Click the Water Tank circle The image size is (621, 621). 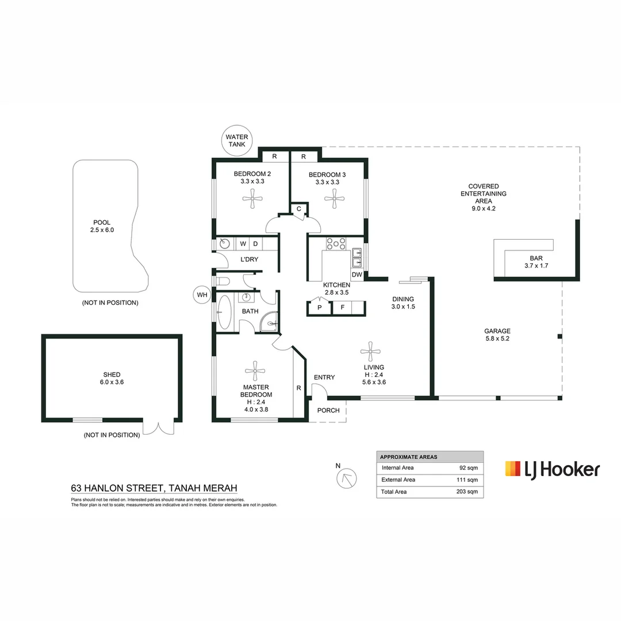click(x=236, y=141)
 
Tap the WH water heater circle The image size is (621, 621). click(x=202, y=295)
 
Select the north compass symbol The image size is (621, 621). click(x=347, y=478)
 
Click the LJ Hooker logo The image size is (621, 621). click(x=551, y=469)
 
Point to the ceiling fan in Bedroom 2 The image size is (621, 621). click(x=252, y=200)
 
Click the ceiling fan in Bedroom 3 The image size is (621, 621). click(x=333, y=200)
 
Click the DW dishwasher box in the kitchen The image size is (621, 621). click(x=356, y=275)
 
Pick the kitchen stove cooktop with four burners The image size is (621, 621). click(x=336, y=243)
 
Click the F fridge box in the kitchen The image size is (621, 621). click(x=342, y=308)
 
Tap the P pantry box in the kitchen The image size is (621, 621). click(x=319, y=308)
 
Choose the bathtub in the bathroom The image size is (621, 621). click(x=224, y=312)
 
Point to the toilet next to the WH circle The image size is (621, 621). click(x=223, y=281)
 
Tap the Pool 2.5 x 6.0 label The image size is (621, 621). click(x=102, y=226)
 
